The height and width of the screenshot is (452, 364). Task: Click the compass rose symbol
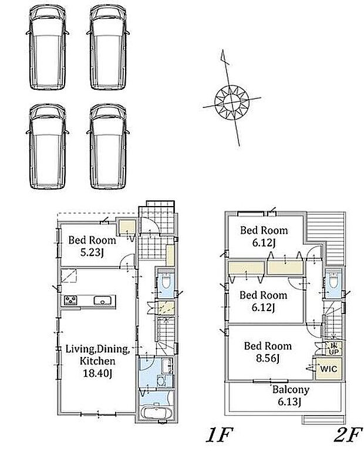[232, 102]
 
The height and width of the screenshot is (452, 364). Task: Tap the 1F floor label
[219, 435]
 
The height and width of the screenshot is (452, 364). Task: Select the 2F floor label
[348, 435]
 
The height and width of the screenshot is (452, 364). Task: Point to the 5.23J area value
[92, 253]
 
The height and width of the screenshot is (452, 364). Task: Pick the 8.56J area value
[268, 358]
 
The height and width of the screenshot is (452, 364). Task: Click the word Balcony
[291, 390]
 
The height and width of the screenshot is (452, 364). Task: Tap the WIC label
[329, 369]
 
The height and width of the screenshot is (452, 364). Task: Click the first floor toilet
[166, 281]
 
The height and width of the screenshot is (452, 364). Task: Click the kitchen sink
[102, 301]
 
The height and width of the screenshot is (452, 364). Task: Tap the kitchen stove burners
[70, 301]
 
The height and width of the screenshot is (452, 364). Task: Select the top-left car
[48, 47]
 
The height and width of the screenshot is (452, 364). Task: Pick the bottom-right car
[108, 146]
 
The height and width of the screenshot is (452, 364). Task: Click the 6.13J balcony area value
[289, 402]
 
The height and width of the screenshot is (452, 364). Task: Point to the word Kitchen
[97, 361]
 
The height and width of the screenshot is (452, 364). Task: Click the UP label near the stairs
[333, 352]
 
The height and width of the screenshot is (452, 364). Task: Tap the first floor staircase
[166, 335]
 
